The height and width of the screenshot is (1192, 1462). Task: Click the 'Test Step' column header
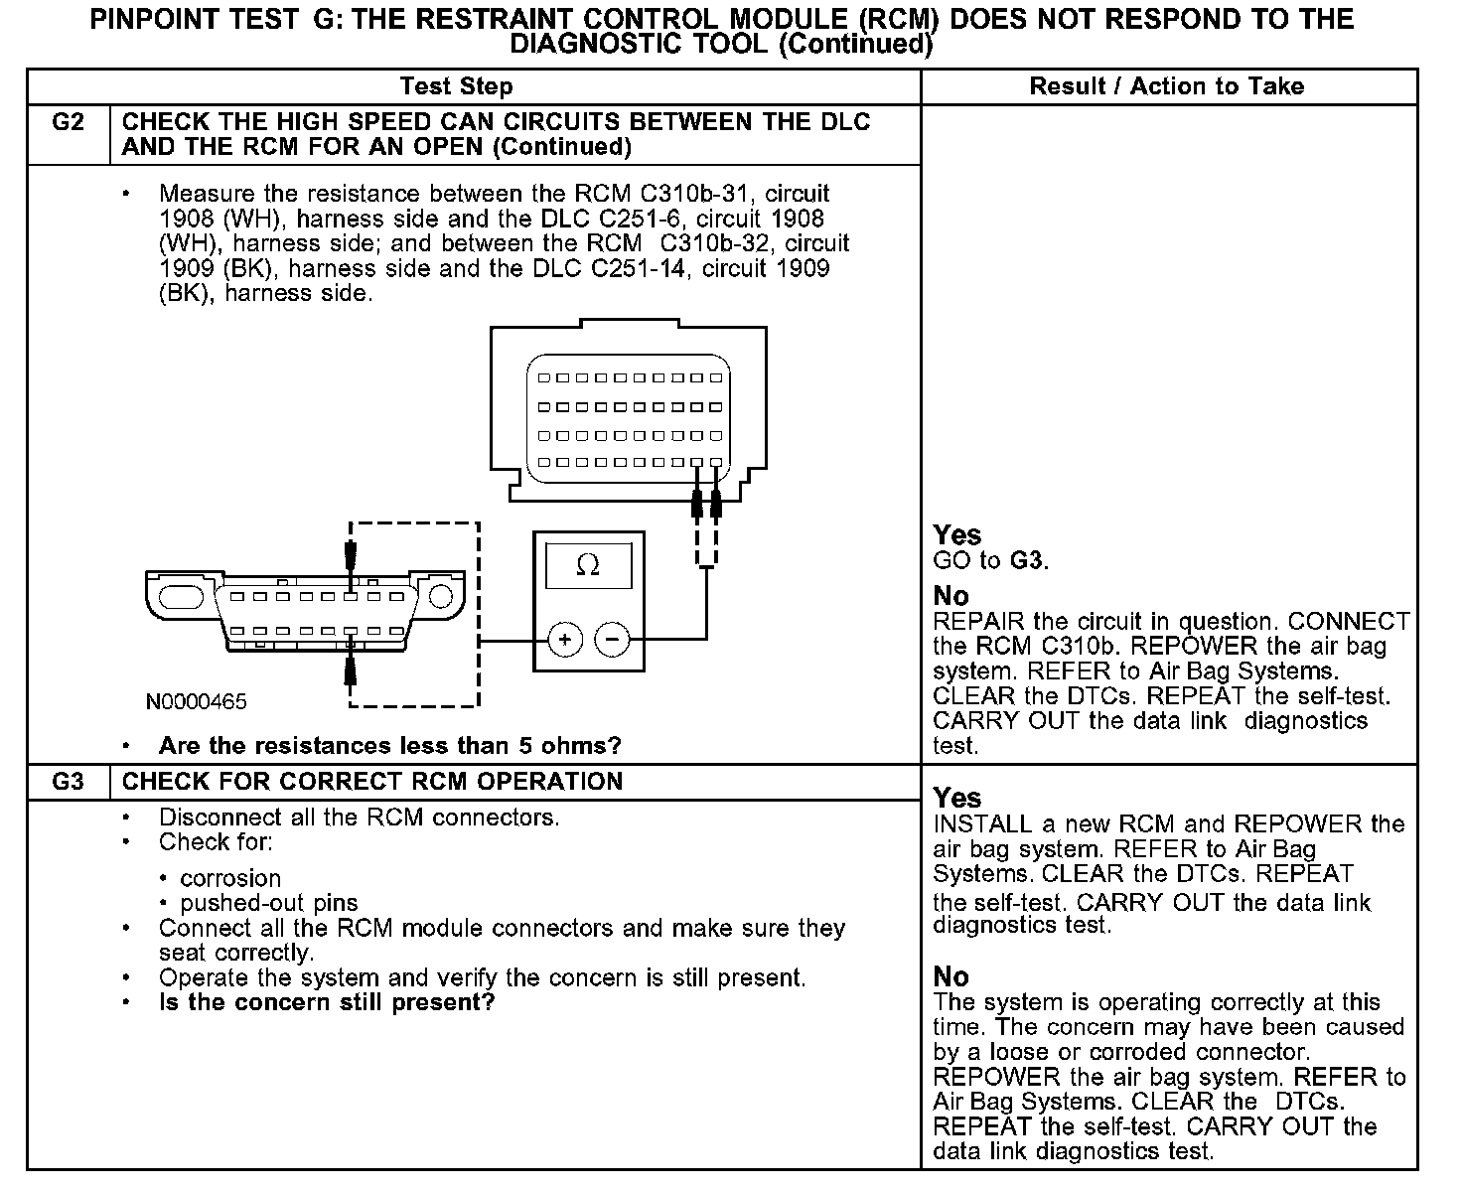[x=456, y=86]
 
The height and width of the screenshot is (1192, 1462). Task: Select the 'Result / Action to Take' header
[x=1166, y=86]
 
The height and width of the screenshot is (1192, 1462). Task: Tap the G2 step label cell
[x=68, y=123]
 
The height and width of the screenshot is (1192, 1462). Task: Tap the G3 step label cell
[x=68, y=782]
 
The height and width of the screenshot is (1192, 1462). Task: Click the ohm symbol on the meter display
[x=588, y=566]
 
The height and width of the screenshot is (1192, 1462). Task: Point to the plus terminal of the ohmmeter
[x=565, y=639]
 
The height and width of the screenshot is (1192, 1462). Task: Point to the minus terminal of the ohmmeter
[x=612, y=639]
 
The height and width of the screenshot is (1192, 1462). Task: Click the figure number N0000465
[x=197, y=701]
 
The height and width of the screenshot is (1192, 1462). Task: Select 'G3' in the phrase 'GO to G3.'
[x=1026, y=561]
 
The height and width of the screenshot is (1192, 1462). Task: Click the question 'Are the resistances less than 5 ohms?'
[x=389, y=746]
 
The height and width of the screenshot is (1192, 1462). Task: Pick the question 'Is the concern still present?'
[x=326, y=1002]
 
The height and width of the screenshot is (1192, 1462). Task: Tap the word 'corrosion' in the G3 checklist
[x=230, y=878]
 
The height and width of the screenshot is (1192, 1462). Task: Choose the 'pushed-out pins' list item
[x=269, y=903]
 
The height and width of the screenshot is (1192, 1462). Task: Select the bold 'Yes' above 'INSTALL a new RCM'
[x=957, y=799]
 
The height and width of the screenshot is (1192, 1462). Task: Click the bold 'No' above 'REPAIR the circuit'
[x=950, y=596]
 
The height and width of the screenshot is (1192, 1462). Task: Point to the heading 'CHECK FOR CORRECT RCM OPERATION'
[x=372, y=782]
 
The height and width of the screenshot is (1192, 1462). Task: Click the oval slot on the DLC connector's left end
[x=181, y=598]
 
